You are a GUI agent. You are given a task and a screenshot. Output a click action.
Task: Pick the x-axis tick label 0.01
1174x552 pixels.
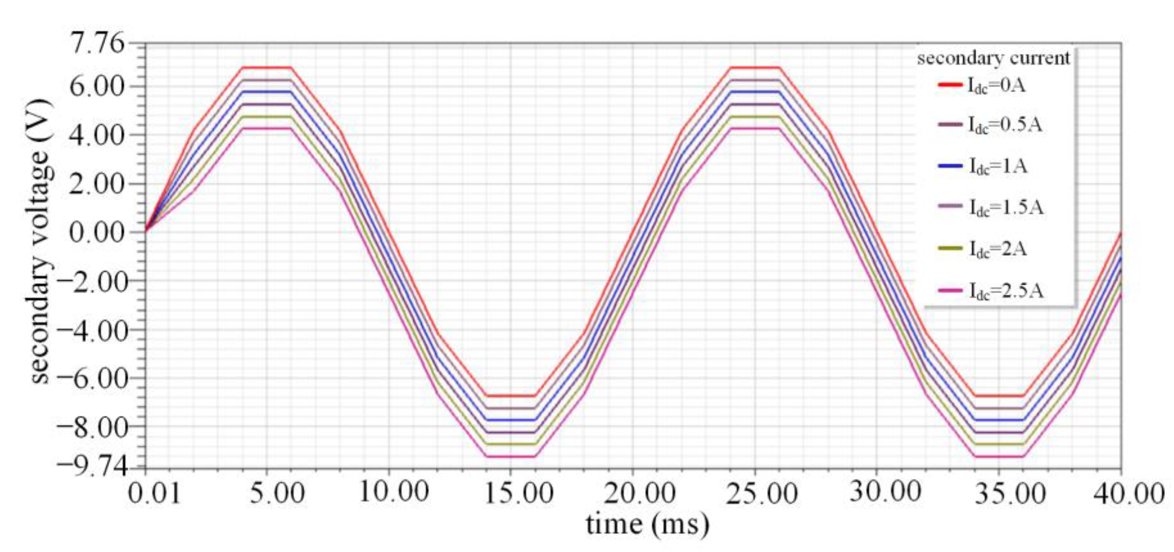click(155, 494)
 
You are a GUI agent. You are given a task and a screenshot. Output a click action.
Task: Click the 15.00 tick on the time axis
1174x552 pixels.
click(519, 494)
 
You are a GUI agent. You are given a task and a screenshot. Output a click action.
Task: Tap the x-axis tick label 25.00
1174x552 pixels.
click(762, 494)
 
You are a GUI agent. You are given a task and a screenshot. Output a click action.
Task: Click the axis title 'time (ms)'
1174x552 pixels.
click(648, 525)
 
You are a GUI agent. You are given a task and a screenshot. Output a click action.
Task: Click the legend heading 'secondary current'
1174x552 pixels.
click(993, 59)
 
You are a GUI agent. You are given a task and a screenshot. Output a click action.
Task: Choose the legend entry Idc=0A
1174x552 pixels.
click(996, 85)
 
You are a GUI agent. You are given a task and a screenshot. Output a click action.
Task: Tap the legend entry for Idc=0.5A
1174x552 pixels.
click(1005, 125)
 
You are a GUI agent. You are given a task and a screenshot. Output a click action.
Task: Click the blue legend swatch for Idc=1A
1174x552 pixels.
click(950, 166)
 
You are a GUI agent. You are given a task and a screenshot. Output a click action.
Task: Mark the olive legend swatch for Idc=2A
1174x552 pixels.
click(950, 249)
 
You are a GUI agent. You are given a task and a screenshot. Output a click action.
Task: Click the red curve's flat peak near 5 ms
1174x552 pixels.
click(267, 68)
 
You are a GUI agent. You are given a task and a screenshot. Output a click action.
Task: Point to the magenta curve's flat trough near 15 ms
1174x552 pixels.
click(511, 456)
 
